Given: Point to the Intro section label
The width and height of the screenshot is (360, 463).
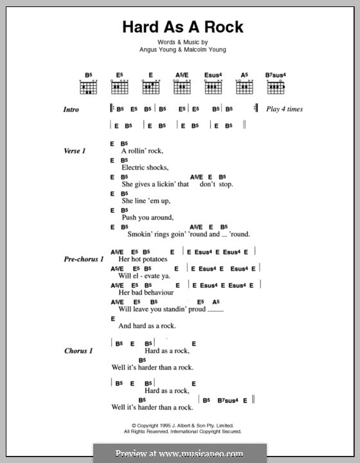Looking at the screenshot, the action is coord(72,110).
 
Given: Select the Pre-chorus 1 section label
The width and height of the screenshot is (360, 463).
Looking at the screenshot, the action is coord(84,259).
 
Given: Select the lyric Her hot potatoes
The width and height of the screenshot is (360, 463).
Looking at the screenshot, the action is coord(143,259).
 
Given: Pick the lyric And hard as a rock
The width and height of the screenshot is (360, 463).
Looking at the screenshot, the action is coord(147,325).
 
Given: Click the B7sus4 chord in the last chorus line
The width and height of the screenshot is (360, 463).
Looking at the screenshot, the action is coord(224,399).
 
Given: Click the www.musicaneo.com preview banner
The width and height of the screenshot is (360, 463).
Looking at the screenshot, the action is coord(179,452).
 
